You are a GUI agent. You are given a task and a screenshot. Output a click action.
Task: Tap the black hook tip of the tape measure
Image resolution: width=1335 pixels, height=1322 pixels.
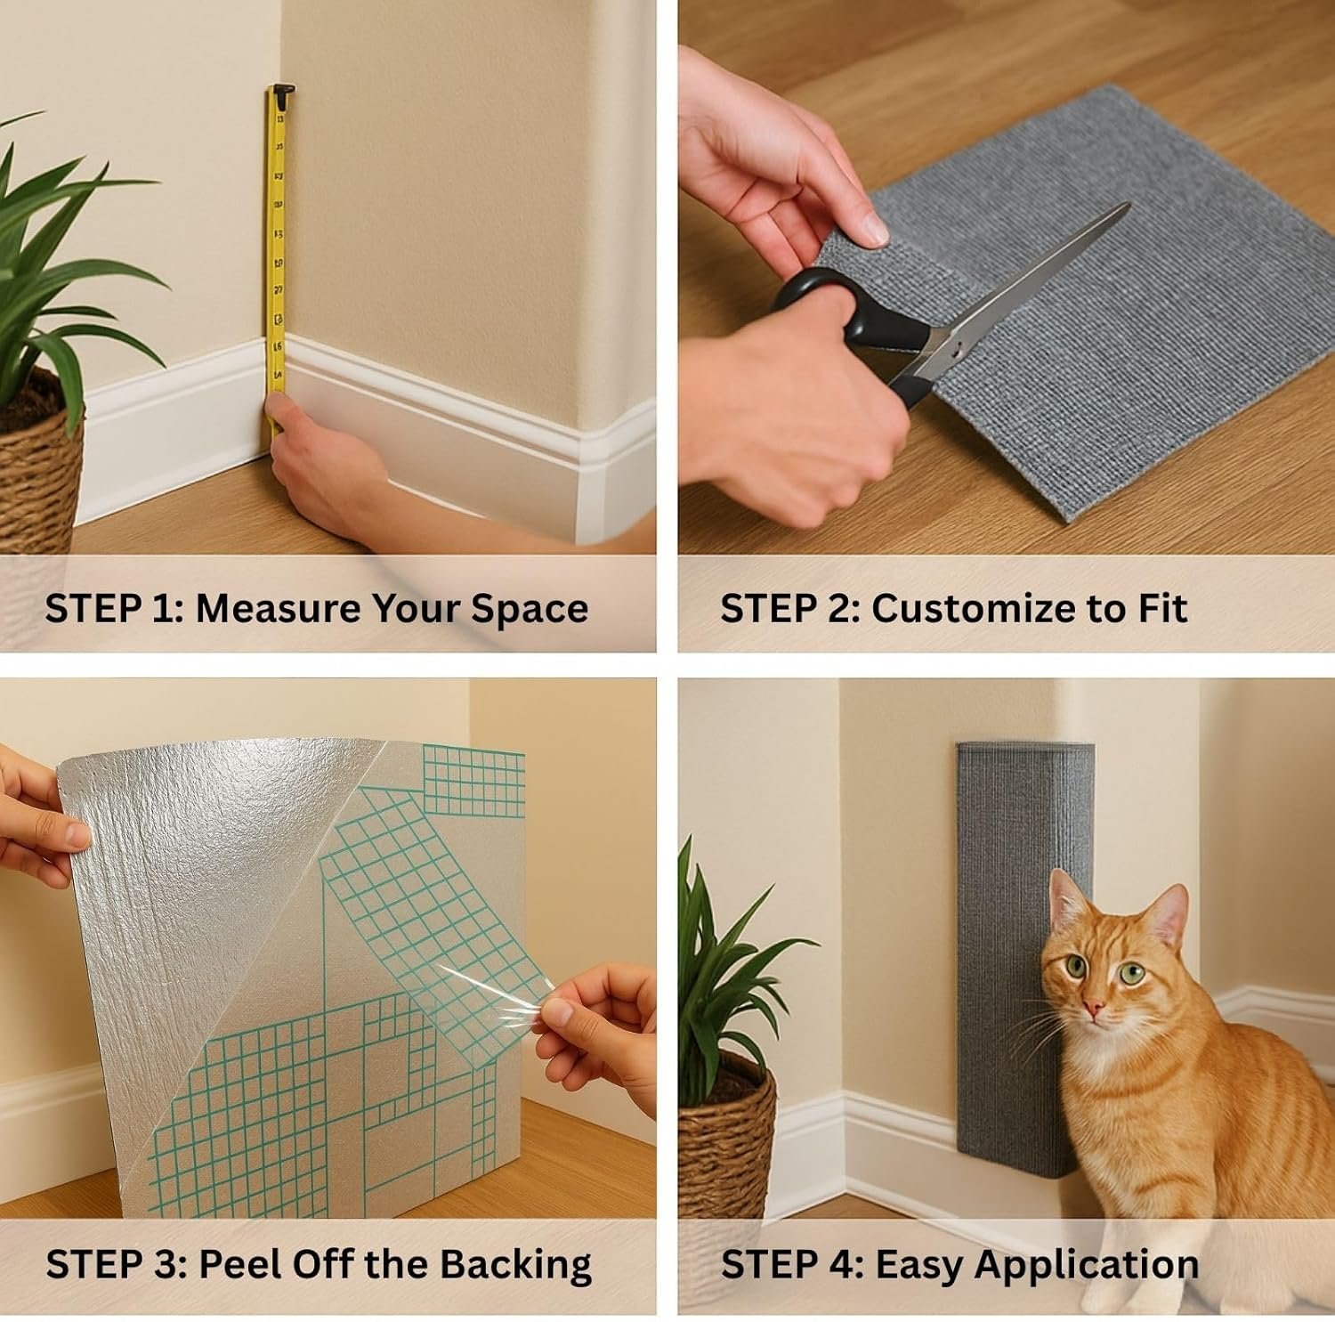click(x=282, y=91)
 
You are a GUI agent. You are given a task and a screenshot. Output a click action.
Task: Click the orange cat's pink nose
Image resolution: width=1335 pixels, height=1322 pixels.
click(x=1094, y=1009)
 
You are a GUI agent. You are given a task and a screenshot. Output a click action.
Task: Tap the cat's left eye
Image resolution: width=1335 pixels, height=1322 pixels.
click(x=1132, y=973)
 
